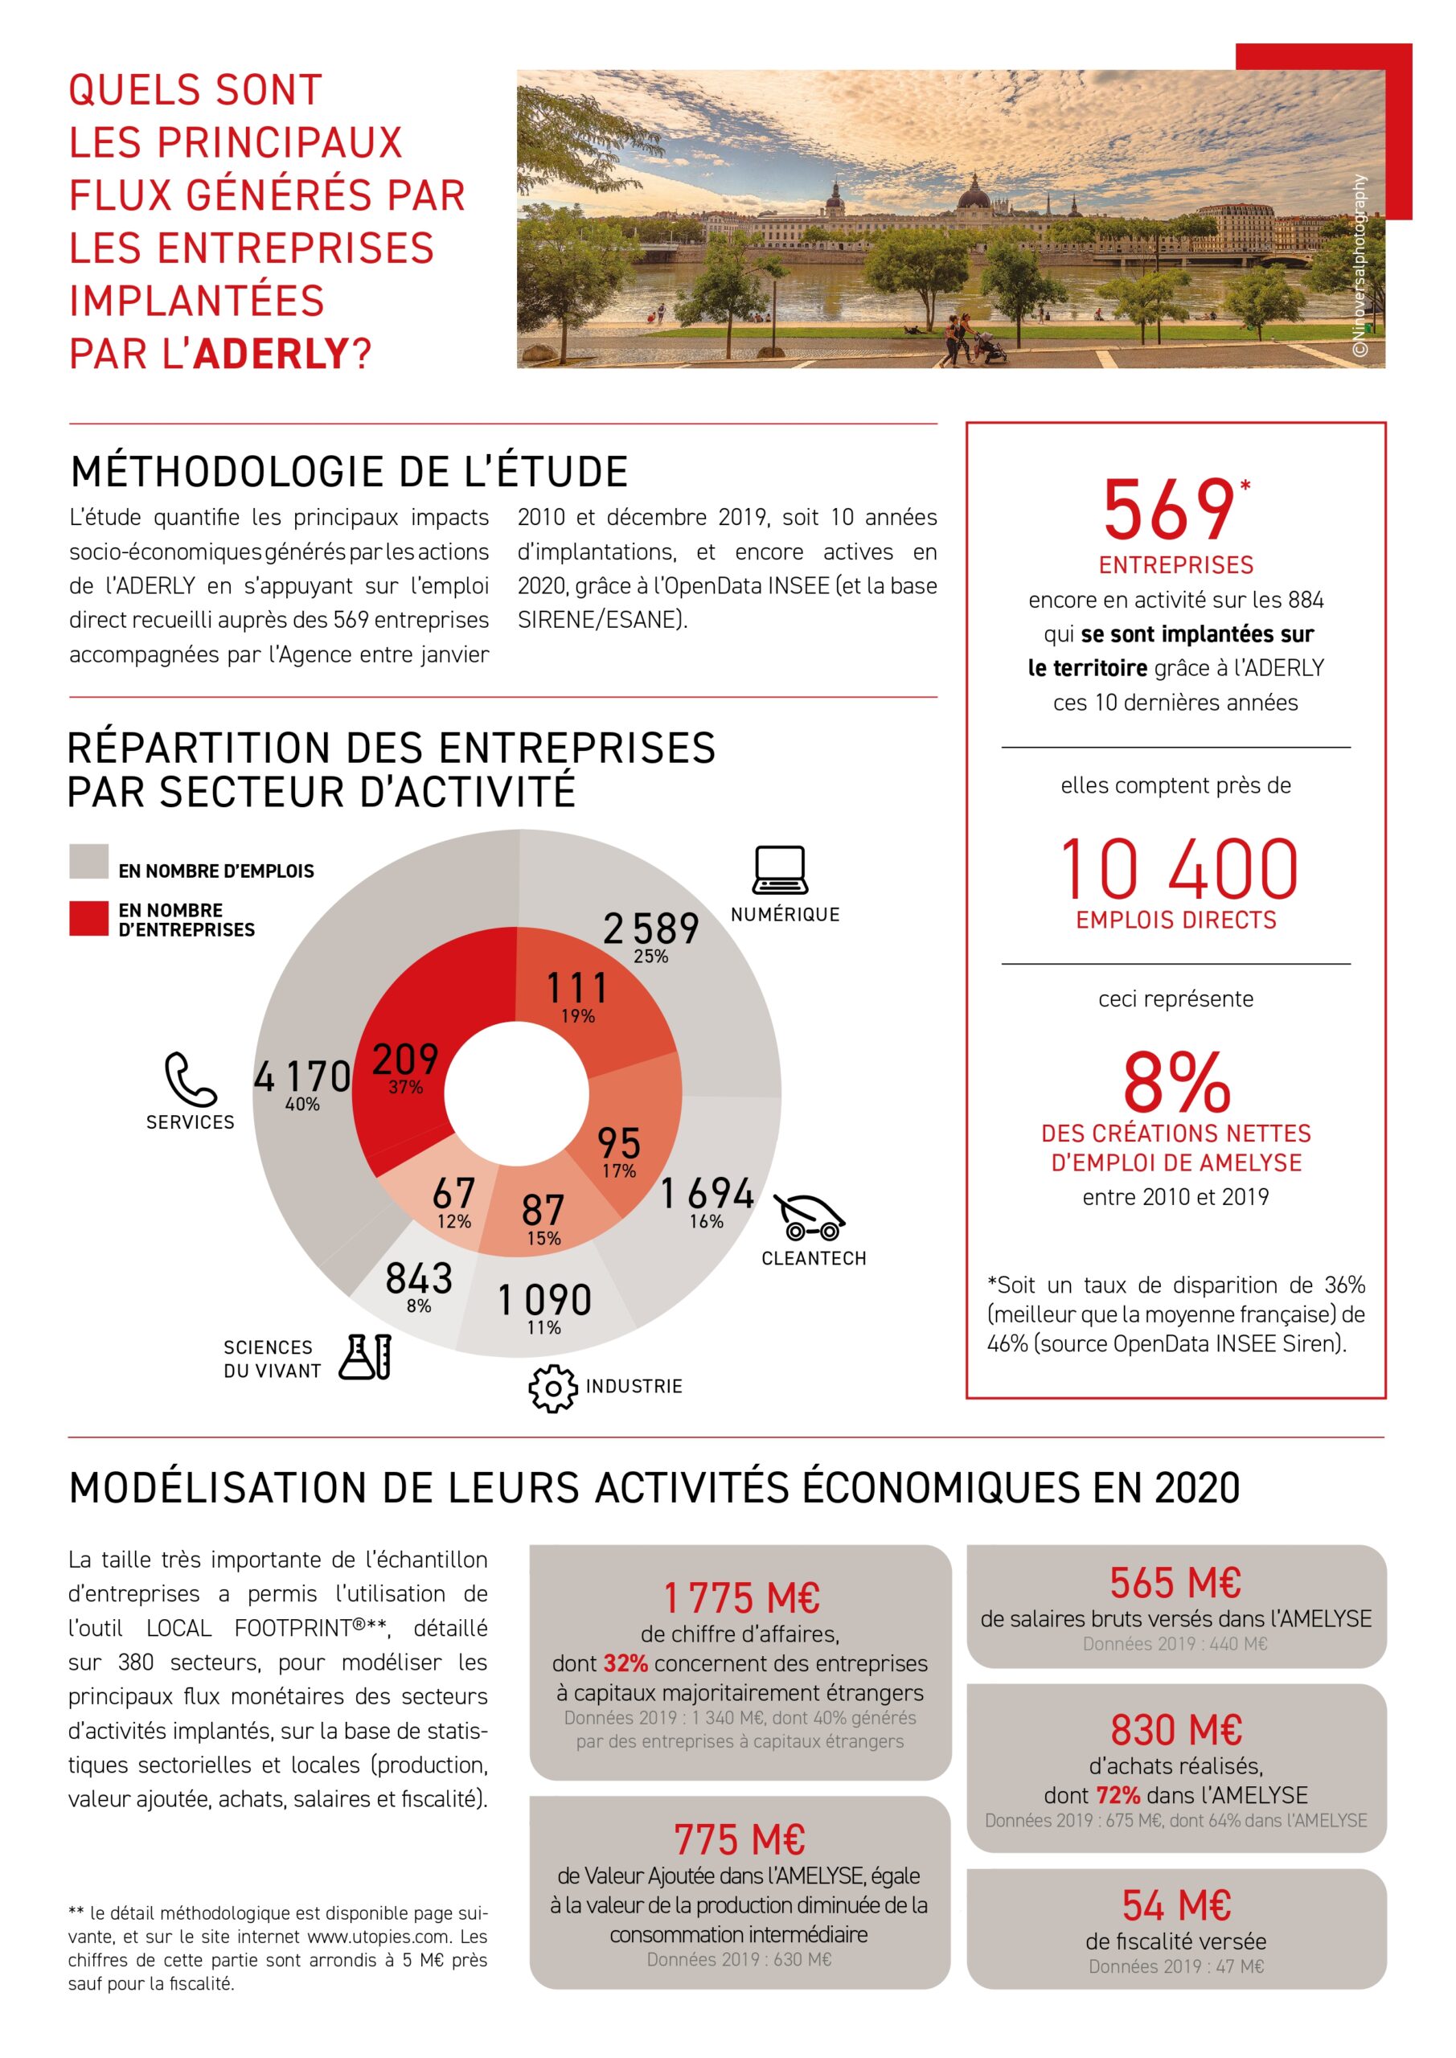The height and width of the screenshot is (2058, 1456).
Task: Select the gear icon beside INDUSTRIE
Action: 552,1388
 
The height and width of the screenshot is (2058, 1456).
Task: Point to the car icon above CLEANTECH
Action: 810,1216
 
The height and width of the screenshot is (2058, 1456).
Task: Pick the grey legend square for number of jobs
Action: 88,860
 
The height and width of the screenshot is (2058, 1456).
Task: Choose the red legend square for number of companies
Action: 88,919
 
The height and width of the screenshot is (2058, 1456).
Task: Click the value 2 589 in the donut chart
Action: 651,929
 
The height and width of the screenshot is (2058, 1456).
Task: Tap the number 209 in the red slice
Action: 405,1060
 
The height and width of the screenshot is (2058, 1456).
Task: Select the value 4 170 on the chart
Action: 302,1076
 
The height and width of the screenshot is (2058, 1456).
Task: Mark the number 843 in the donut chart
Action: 419,1278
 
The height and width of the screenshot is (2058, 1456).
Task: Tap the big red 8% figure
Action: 1176,1082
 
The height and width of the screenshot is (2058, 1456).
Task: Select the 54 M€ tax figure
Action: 1176,1904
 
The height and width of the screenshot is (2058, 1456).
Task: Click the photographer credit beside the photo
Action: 1360,266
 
